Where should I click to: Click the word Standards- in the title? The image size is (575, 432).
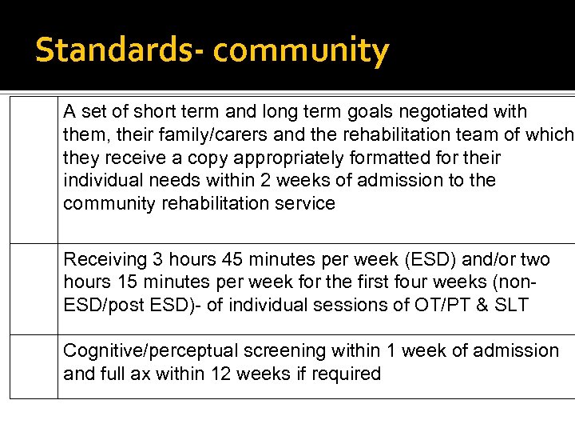120,50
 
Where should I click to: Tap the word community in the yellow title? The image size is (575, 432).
301,50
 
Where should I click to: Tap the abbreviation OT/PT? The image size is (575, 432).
439,305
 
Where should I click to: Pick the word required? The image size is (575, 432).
345,374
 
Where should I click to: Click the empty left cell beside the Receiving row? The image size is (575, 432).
34,289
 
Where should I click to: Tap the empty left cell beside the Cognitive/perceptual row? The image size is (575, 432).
34,366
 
